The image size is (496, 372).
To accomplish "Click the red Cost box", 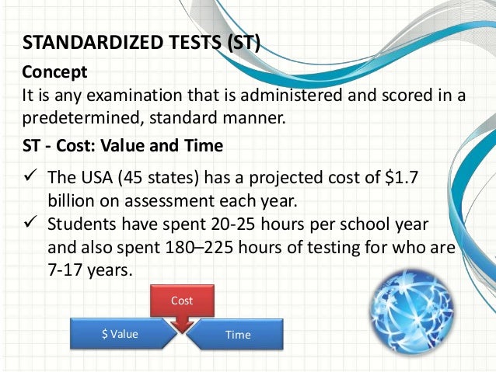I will click(x=181, y=300).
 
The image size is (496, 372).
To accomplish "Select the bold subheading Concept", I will click(x=54, y=72).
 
